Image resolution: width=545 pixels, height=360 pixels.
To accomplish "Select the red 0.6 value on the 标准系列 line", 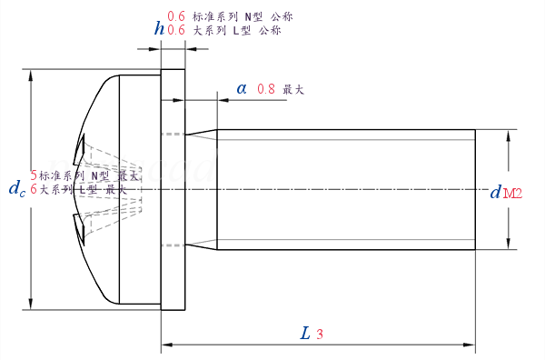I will (177, 16).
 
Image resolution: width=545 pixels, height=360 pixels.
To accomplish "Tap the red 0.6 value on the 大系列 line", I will (177, 30).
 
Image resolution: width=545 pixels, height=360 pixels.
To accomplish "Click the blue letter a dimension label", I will (242, 88).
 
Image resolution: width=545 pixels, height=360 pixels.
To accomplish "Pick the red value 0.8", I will (266, 89).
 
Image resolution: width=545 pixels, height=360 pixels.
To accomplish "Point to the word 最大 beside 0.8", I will (293, 89).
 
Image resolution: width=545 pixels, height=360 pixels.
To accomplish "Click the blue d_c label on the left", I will (16, 188).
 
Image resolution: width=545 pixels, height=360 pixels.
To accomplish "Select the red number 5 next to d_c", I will (35, 175).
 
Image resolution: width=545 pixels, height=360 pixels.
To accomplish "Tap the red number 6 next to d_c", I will (35, 189).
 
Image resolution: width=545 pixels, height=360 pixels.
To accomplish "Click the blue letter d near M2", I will (495, 192).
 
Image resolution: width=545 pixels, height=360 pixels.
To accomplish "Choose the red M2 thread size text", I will (513, 193).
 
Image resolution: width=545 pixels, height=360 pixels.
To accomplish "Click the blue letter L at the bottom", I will (305, 333).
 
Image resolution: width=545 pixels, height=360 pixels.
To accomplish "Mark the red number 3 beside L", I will (320, 334).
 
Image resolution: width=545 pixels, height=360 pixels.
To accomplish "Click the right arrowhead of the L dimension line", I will (470, 345).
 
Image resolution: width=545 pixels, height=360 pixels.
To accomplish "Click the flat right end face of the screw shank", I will (475, 189).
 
